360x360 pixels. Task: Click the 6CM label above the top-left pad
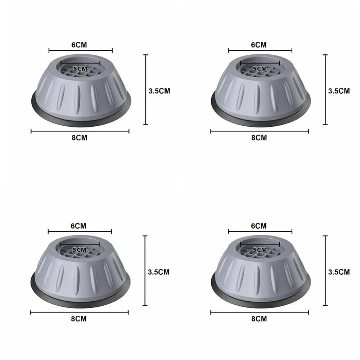coord(79,45)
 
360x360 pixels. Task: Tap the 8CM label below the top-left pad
coord(79,138)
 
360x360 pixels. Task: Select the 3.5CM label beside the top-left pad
coord(159,91)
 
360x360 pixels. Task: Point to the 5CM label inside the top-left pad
coord(80,68)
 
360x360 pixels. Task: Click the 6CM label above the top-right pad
coord(259,45)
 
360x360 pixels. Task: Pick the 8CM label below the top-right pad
coord(259,138)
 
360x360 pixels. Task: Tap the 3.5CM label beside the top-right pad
coord(339,91)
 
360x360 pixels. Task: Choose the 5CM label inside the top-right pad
coord(260,68)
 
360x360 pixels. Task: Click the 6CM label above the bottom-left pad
coord(78,226)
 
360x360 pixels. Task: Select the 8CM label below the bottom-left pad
coord(78,319)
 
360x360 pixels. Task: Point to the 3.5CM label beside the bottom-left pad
coord(159,272)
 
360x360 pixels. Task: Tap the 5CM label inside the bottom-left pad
coord(79,249)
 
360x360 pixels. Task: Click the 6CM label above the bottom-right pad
coord(259,226)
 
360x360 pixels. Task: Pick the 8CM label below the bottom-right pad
coord(259,319)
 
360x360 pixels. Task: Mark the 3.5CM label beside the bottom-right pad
coord(339,272)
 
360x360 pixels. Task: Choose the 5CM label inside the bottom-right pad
coord(260,249)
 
